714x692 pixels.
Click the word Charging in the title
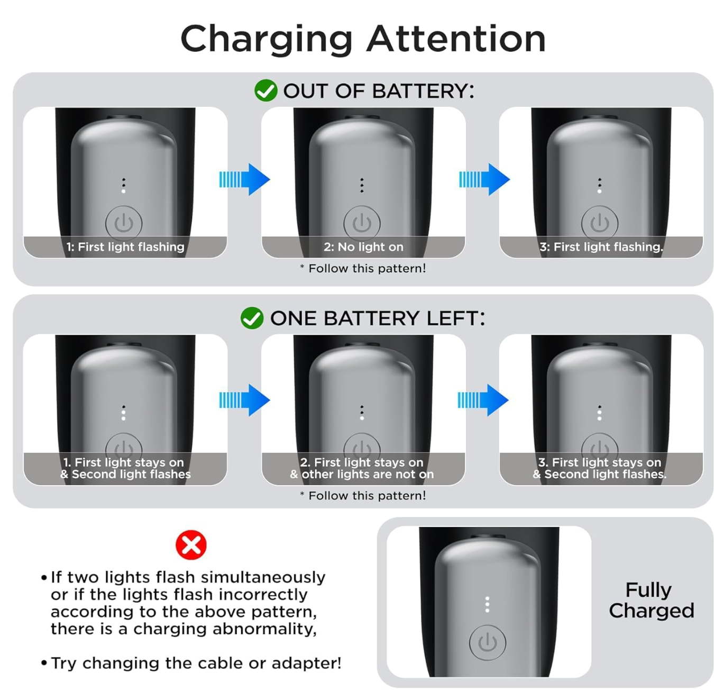click(x=266, y=40)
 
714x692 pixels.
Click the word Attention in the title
click(x=456, y=38)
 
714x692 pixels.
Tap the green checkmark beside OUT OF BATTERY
click(x=266, y=90)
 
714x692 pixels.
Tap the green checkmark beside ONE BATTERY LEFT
click(x=252, y=318)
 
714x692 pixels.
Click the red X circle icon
click(x=191, y=544)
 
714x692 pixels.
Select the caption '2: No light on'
click(x=363, y=247)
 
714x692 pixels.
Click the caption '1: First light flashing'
click(x=125, y=247)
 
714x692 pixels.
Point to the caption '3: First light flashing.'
click(x=601, y=247)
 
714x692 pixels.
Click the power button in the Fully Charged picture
click(x=487, y=642)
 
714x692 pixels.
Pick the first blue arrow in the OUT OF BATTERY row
click(x=244, y=179)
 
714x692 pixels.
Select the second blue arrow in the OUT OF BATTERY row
click(x=484, y=179)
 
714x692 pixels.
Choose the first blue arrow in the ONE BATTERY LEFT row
click(x=244, y=400)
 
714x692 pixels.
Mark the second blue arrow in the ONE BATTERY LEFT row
click(x=483, y=400)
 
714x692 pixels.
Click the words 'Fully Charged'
click(x=651, y=600)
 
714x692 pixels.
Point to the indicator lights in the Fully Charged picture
click(x=487, y=604)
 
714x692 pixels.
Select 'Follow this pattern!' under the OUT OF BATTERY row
click(x=367, y=268)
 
